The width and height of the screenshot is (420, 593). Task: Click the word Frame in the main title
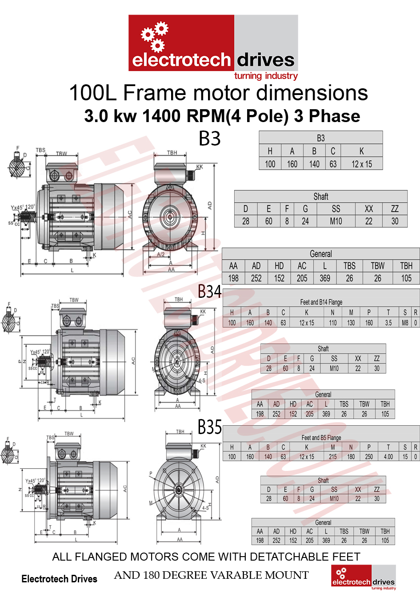155,93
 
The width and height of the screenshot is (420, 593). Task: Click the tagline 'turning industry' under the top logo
266,76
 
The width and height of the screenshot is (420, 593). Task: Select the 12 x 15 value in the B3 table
361,164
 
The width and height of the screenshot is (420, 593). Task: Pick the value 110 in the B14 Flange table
333,323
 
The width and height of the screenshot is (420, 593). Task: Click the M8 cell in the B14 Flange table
405,323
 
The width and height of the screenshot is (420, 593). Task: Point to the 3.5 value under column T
388,323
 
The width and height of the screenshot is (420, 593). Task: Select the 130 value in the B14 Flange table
351,323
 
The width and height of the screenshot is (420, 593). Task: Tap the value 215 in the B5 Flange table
333,457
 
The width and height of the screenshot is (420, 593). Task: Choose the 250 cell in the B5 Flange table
369,457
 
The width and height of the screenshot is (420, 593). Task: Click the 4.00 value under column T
388,457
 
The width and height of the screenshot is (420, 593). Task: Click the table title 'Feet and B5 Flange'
321,438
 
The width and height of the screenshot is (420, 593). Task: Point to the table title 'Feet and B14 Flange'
321,302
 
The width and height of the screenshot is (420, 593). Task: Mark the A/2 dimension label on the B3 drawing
161,255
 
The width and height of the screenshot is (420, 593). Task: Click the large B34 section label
209,292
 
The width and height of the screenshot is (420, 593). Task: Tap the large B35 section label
209,427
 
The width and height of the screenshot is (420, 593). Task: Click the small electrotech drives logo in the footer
363,577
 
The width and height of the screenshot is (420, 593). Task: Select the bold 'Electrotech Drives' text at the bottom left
59,579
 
